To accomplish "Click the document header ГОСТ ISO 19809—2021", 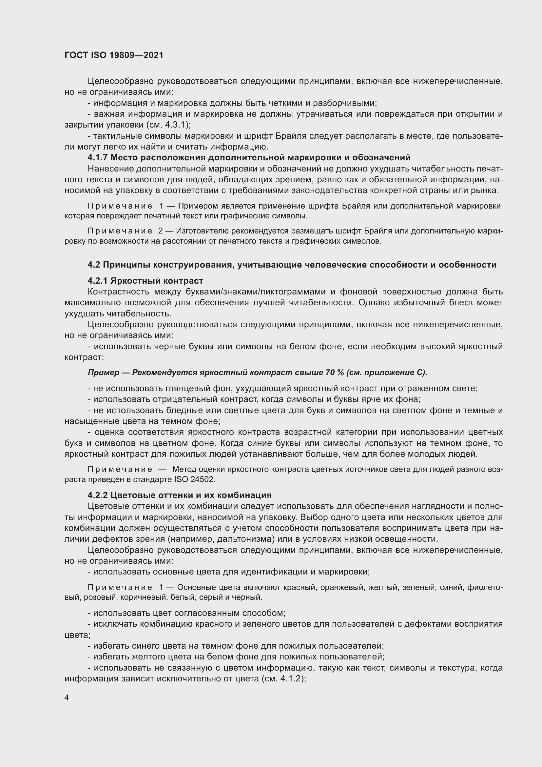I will pyautogui.click(x=114, y=55).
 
